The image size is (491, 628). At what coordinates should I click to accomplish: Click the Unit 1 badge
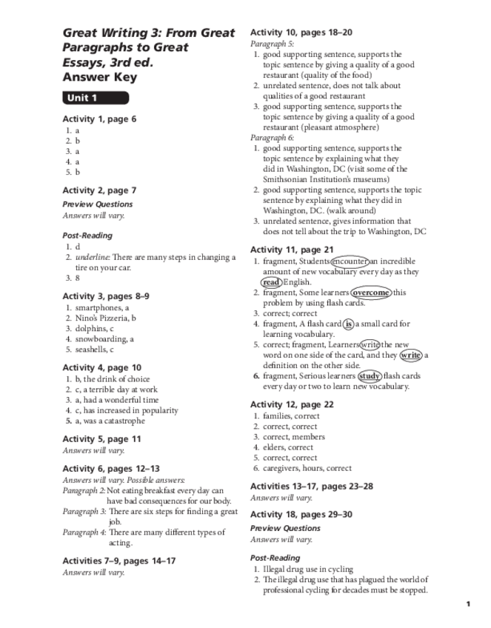tap(95, 98)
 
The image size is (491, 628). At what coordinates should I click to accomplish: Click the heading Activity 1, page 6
tap(99, 118)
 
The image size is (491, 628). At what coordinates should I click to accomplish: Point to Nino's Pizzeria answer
tap(101, 318)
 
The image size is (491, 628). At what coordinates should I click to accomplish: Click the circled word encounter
tap(350, 261)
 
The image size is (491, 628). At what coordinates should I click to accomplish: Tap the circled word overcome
tap(370, 292)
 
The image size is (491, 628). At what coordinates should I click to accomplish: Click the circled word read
tap(271, 281)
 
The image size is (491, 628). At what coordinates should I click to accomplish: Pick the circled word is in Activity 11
tap(348, 324)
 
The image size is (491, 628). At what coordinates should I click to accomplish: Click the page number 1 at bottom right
tap(468, 604)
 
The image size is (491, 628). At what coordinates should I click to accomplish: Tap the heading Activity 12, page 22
tap(292, 404)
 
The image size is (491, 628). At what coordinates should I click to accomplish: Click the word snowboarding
tap(100, 339)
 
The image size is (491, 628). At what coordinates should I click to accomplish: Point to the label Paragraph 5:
tap(272, 44)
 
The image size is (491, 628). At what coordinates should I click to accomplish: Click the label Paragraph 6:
tap(272, 138)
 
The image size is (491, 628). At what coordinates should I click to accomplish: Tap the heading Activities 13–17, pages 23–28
tap(311, 487)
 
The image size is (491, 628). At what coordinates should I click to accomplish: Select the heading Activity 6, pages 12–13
tap(110, 469)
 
